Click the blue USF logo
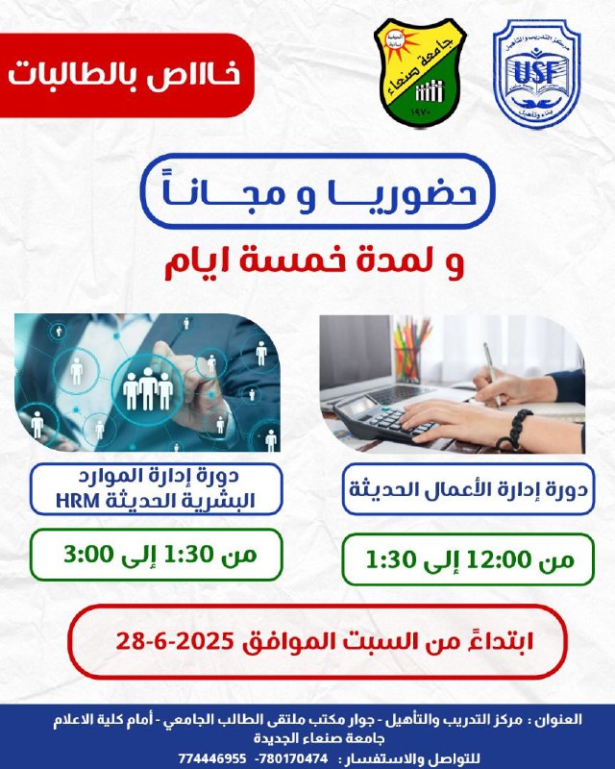[x=536, y=74]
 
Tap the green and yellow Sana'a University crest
[x=420, y=73]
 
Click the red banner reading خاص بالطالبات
[x=126, y=76]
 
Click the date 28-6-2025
[x=174, y=641]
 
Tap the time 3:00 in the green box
[x=88, y=555]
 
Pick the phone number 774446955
[x=211, y=758]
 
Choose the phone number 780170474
[x=294, y=758]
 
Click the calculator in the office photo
[x=381, y=418]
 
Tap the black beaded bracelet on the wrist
[x=515, y=430]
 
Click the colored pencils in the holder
[x=411, y=349]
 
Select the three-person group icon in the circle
[x=148, y=390]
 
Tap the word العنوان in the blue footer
[x=559, y=720]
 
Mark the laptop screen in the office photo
[x=356, y=351]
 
